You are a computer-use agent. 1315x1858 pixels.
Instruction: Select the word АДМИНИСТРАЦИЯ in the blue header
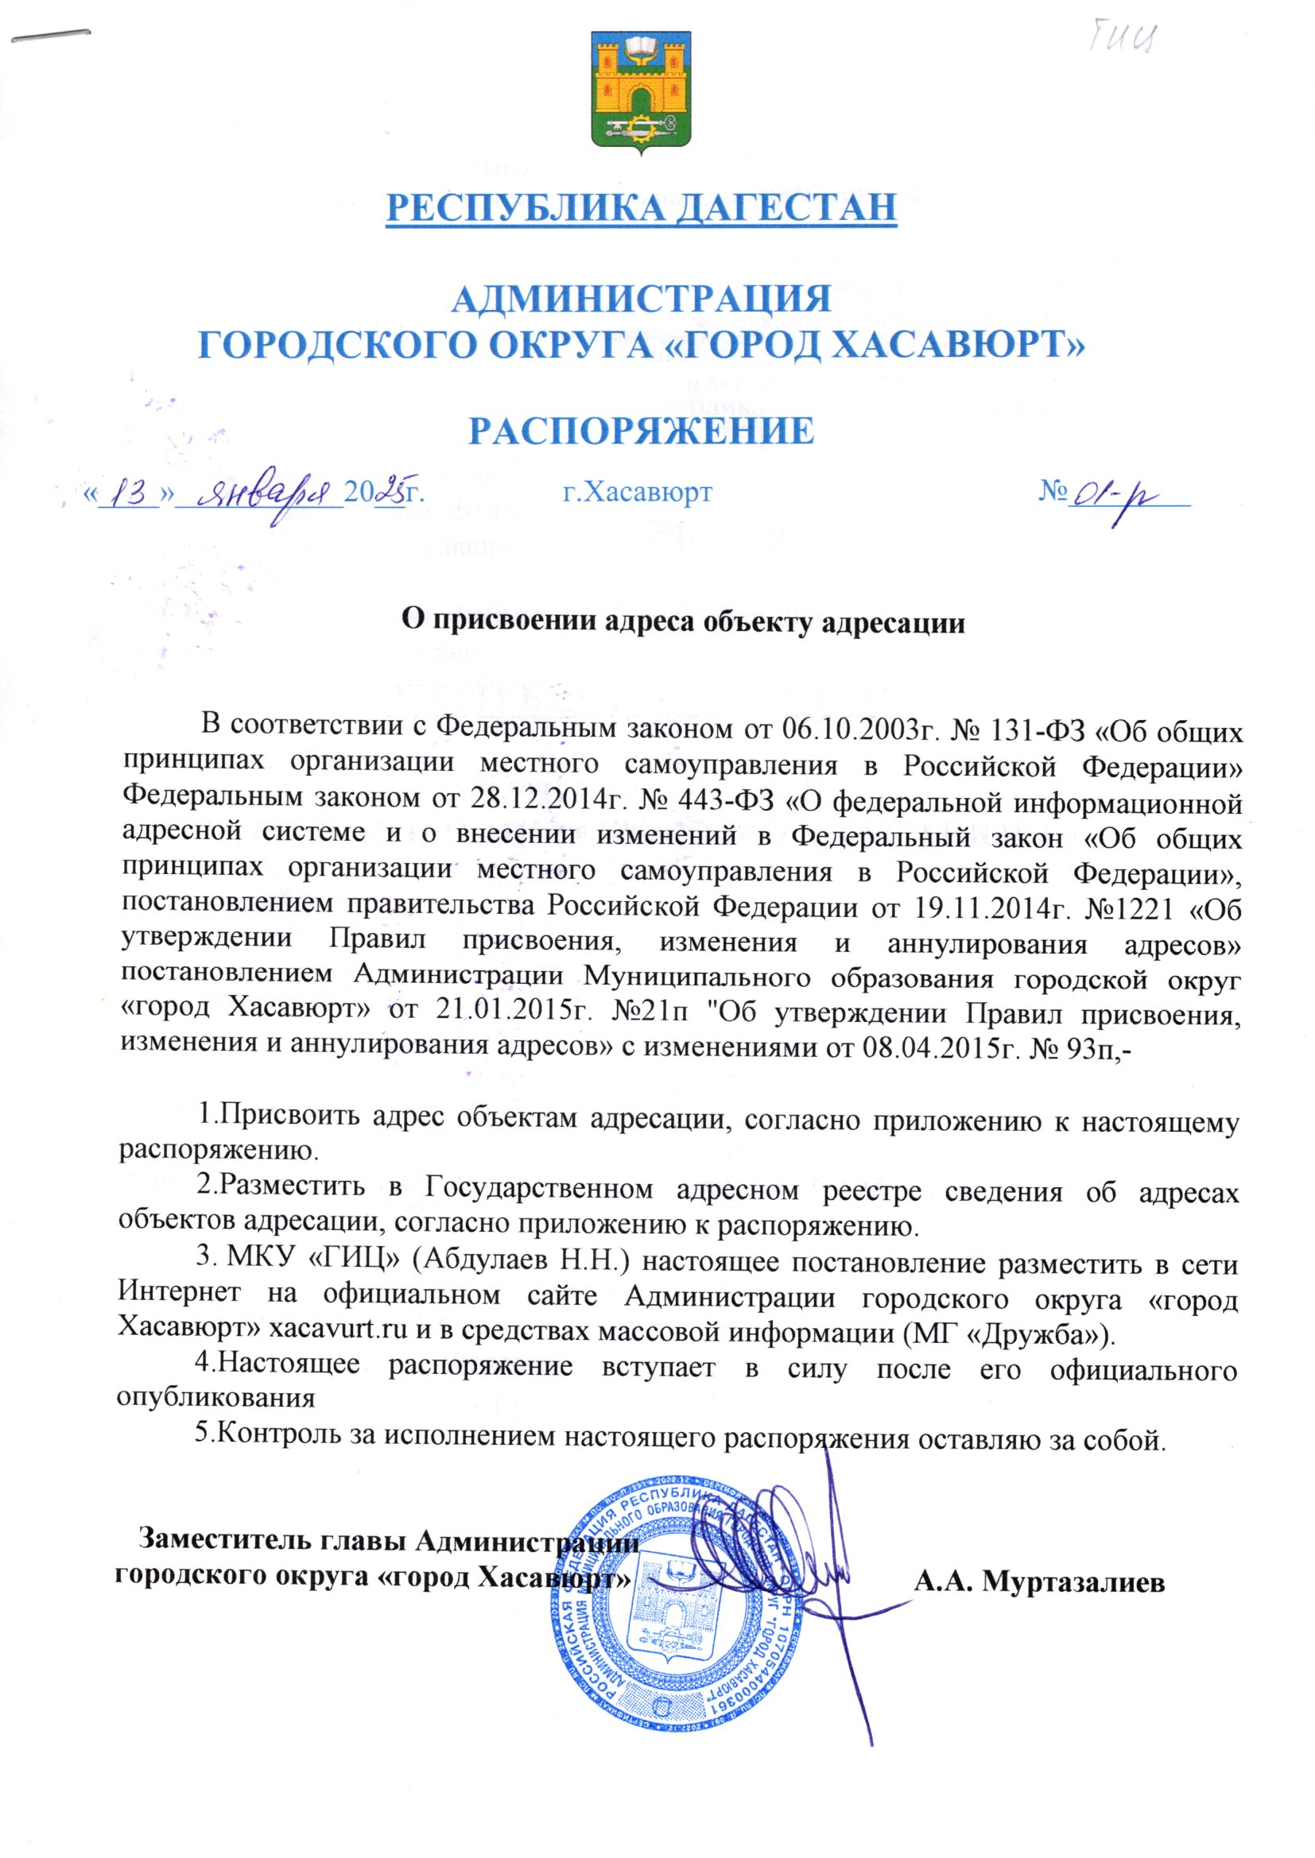(x=642, y=300)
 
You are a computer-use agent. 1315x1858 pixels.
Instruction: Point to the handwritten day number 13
(x=130, y=492)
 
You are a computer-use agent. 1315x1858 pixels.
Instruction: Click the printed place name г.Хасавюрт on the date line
(x=638, y=491)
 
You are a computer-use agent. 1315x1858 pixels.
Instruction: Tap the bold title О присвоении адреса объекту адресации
(x=685, y=623)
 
